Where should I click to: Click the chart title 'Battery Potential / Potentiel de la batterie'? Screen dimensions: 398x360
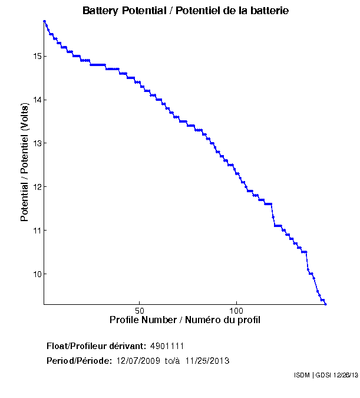click(186, 11)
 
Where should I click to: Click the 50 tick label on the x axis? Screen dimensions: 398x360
click(140, 310)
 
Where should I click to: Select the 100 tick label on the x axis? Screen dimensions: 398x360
click(236, 310)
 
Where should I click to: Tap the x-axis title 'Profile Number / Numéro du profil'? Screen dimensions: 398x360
click(185, 320)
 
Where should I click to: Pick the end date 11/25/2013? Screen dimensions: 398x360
click(207, 361)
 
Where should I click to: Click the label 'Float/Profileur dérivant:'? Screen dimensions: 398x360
click(97, 346)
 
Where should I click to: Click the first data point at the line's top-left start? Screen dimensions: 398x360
click(44, 21)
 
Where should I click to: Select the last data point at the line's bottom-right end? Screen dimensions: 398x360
click(325, 304)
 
